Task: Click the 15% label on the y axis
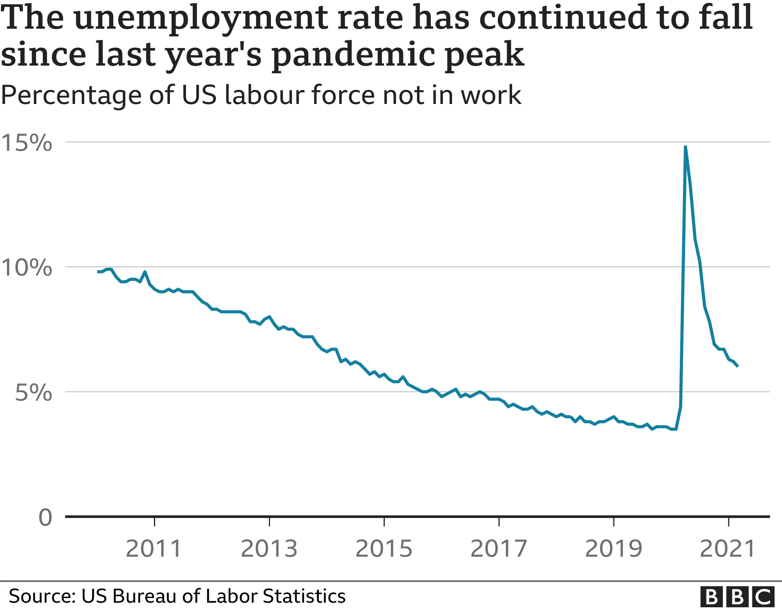[x=27, y=143]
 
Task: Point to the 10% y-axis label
[x=27, y=267]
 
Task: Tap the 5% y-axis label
[x=34, y=393]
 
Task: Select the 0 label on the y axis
[x=45, y=517]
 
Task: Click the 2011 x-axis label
[x=154, y=549]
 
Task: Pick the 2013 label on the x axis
[x=269, y=549]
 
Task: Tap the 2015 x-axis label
[x=384, y=549]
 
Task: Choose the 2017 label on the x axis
[x=499, y=549]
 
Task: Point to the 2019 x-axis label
[x=614, y=549]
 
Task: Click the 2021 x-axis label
[x=728, y=549]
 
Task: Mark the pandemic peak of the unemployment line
[x=685, y=147]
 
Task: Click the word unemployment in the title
[x=202, y=18]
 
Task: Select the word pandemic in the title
[x=354, y=55]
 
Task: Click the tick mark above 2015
[x=384, y=522]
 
